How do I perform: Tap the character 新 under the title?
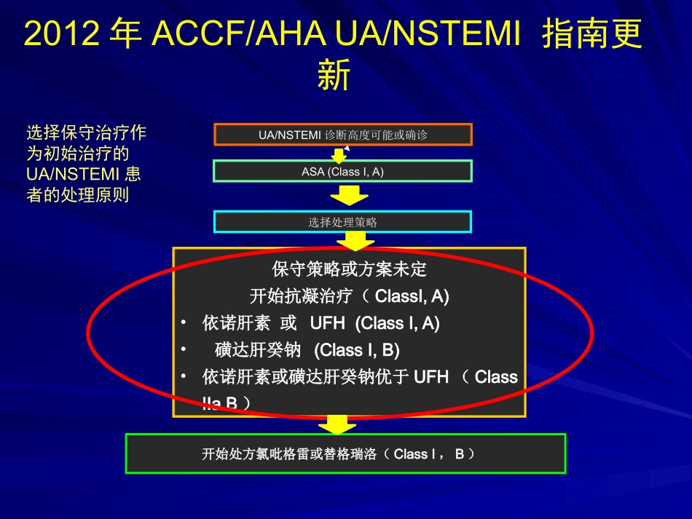coord(334,75)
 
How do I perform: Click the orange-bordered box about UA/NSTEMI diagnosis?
coord(342,135)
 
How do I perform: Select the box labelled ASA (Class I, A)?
coord(342,172)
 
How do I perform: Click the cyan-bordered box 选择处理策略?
coord(342,222)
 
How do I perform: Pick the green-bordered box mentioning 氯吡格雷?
coord(345,454)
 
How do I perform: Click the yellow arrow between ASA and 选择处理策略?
coord(349,195)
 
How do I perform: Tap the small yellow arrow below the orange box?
coord(339,155)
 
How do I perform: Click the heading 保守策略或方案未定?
coord(349,269)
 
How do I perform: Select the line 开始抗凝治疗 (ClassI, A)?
coord(349,296)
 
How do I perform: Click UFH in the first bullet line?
coord(327,323)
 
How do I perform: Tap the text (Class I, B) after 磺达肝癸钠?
coord(357,350)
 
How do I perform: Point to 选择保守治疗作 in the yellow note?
coord(86,133)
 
